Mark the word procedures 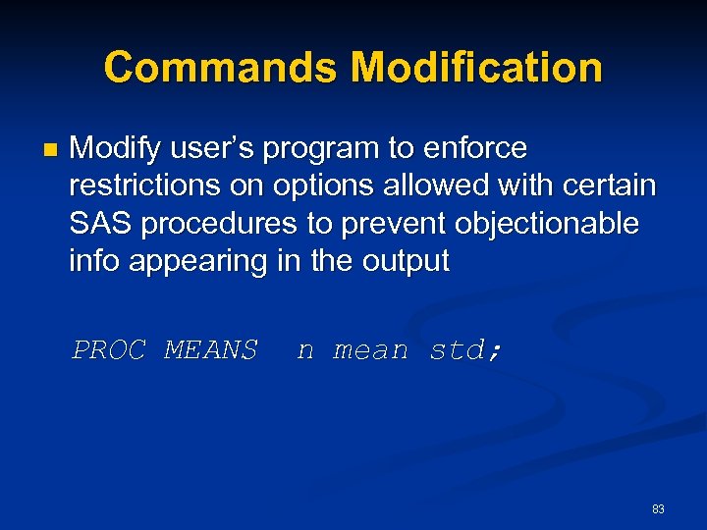tap(218, 224)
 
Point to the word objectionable tap(542, 224)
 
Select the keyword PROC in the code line tap(108, 349)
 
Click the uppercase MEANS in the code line tap(210, 349)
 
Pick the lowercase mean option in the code tap(370, 349)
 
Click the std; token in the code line tap(465, 349)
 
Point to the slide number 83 tap(658, 508)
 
